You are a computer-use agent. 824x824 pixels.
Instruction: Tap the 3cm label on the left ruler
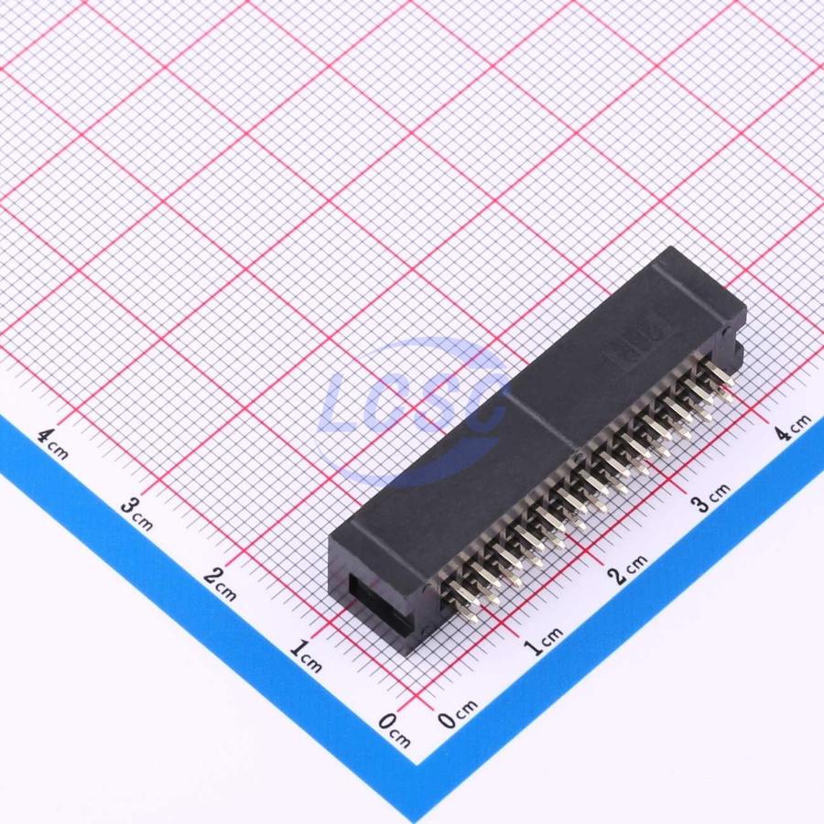tap(136, 514)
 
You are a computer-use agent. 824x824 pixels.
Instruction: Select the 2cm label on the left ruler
tap(220, 584)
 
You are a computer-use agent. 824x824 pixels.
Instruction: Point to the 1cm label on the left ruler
tap(306, 656)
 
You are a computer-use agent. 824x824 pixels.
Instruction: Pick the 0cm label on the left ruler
tap(394, 730)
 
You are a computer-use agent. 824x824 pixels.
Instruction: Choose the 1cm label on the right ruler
tap(544, 641)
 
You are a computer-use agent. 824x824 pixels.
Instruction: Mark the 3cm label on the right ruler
tap(710, 497)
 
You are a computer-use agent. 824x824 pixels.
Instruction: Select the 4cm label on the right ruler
tap(794, 427)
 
